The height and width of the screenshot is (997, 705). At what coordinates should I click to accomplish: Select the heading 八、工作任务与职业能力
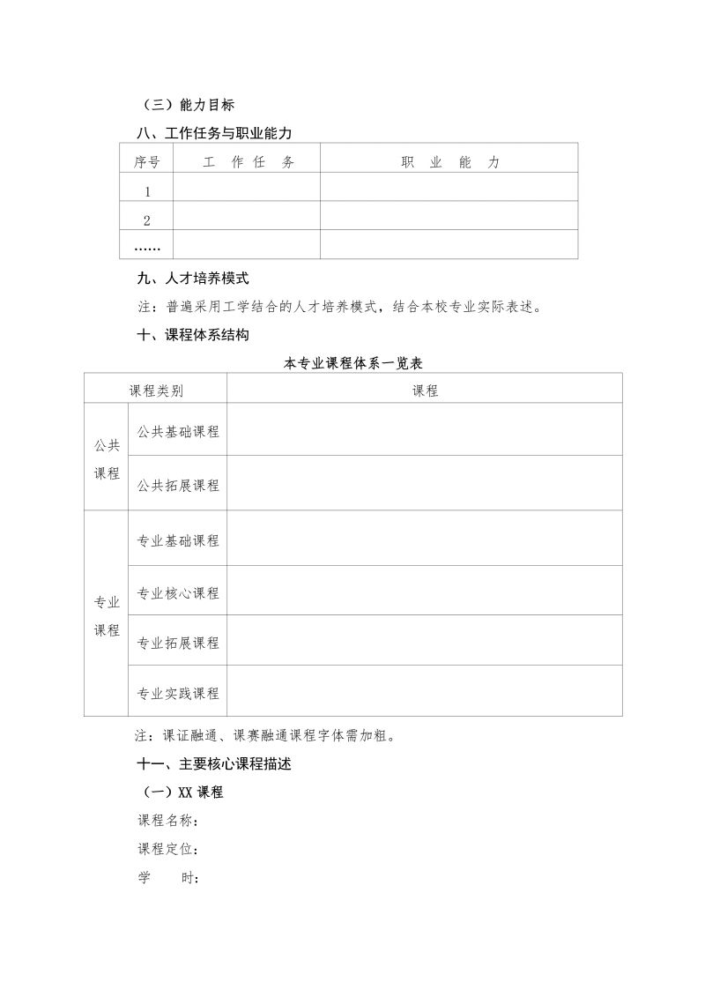click(214, 133)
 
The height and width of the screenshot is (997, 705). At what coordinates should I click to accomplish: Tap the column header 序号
click(146, 162)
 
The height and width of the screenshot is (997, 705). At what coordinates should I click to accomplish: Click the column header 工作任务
click(249, 162)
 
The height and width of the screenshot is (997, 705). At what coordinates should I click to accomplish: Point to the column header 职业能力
click(449, 162)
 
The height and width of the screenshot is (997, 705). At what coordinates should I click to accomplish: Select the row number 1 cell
click(146, 191)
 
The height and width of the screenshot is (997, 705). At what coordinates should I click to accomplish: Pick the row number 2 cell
click(146, 220)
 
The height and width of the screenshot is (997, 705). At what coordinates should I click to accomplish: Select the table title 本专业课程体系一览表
click(355, 363)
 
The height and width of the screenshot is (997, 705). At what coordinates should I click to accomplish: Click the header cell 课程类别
click(156, 391)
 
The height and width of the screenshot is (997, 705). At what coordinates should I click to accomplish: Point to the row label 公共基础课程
click(178, 432)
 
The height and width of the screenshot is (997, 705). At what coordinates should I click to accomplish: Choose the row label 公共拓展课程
click(178, 486)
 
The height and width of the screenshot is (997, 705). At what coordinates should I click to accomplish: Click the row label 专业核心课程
click(178, 593)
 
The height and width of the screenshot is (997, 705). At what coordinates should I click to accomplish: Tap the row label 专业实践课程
click(178, 694)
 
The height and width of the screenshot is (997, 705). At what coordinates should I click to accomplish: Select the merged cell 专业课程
click(107, 616)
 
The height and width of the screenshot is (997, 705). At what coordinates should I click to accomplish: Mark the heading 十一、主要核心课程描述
click(214, 765)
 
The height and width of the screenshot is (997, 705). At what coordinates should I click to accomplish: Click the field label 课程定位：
click(167, 850)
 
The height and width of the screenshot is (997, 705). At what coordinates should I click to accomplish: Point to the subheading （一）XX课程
click(182, 792)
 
